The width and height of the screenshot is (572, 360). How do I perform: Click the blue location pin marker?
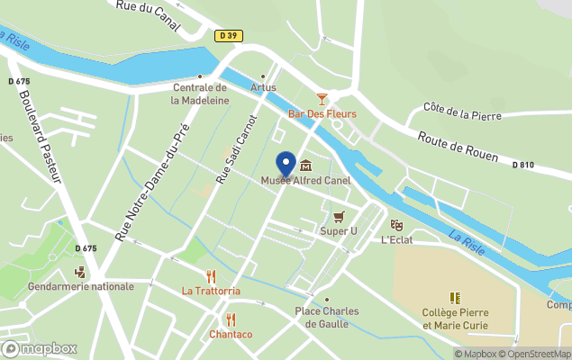(286, 164)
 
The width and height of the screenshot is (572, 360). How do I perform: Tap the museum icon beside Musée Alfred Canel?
(305, 166)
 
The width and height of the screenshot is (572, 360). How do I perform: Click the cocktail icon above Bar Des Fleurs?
(322, 98)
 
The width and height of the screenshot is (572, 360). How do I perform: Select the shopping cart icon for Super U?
(339, 216)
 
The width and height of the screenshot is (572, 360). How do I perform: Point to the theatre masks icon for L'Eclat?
(395, 225)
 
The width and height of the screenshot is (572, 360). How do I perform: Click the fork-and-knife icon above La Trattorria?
(211, 275)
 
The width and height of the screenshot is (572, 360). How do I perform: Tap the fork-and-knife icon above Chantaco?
(231, 319)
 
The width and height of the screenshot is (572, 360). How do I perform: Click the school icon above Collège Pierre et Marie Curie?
(454, 297)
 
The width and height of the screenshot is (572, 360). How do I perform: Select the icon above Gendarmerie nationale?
(80, 271)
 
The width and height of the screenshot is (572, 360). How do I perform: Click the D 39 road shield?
(229, 36)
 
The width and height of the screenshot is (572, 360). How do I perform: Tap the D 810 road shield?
(523, 165)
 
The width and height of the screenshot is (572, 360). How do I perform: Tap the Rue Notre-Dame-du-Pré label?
(152, 183)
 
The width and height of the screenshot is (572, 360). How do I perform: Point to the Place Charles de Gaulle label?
(326, 318)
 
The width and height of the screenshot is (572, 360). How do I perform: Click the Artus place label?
(263, 87)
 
